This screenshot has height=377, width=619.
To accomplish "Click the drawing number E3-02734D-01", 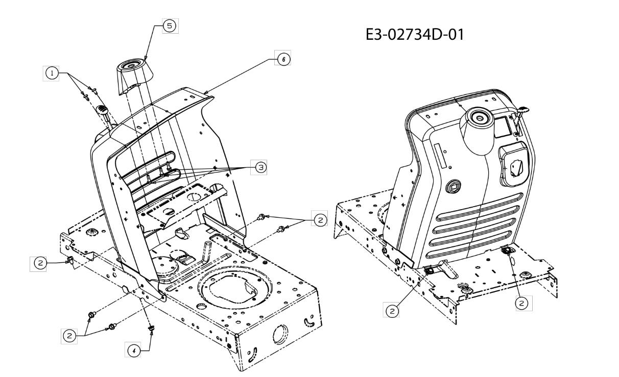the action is [415, 35].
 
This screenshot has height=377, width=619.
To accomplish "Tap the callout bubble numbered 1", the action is [52, 73].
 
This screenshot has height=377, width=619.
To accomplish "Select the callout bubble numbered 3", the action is [260, 167].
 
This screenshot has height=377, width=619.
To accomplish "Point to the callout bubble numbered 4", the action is [134, 350].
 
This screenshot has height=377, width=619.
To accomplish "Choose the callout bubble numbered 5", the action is [170, 26].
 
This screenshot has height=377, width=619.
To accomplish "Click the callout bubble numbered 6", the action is [283, 59].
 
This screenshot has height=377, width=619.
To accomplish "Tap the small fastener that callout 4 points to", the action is [152, 328].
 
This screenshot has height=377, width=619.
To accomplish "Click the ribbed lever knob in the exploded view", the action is [102, 110].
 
